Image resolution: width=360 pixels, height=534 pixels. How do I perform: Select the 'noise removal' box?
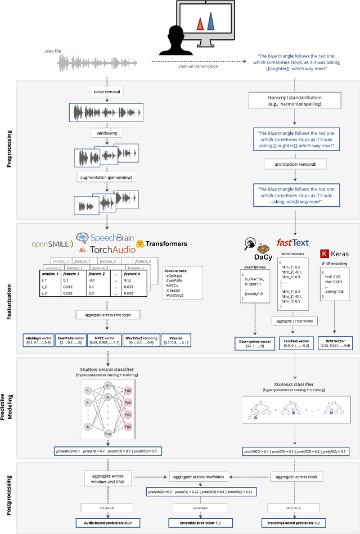click(x=105, y=91)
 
